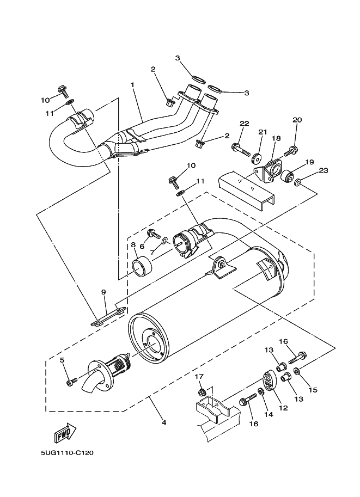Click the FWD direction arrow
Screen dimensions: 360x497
[66, 433]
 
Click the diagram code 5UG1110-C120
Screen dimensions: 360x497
[67, 453]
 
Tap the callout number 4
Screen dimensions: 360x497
[164, 422]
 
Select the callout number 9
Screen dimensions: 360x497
[103, 292]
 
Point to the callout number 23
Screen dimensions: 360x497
[323, 170]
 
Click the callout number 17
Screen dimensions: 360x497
[199, 377]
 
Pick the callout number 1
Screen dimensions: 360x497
[132, 85]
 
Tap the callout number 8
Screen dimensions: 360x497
[133, 245]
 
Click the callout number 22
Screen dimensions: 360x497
[245, 124]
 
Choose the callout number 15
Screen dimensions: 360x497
[313, 390]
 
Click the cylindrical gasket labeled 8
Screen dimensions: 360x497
[142, 267]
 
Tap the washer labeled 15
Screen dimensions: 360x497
[298, 370]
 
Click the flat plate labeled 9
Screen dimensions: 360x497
[108, 316]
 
